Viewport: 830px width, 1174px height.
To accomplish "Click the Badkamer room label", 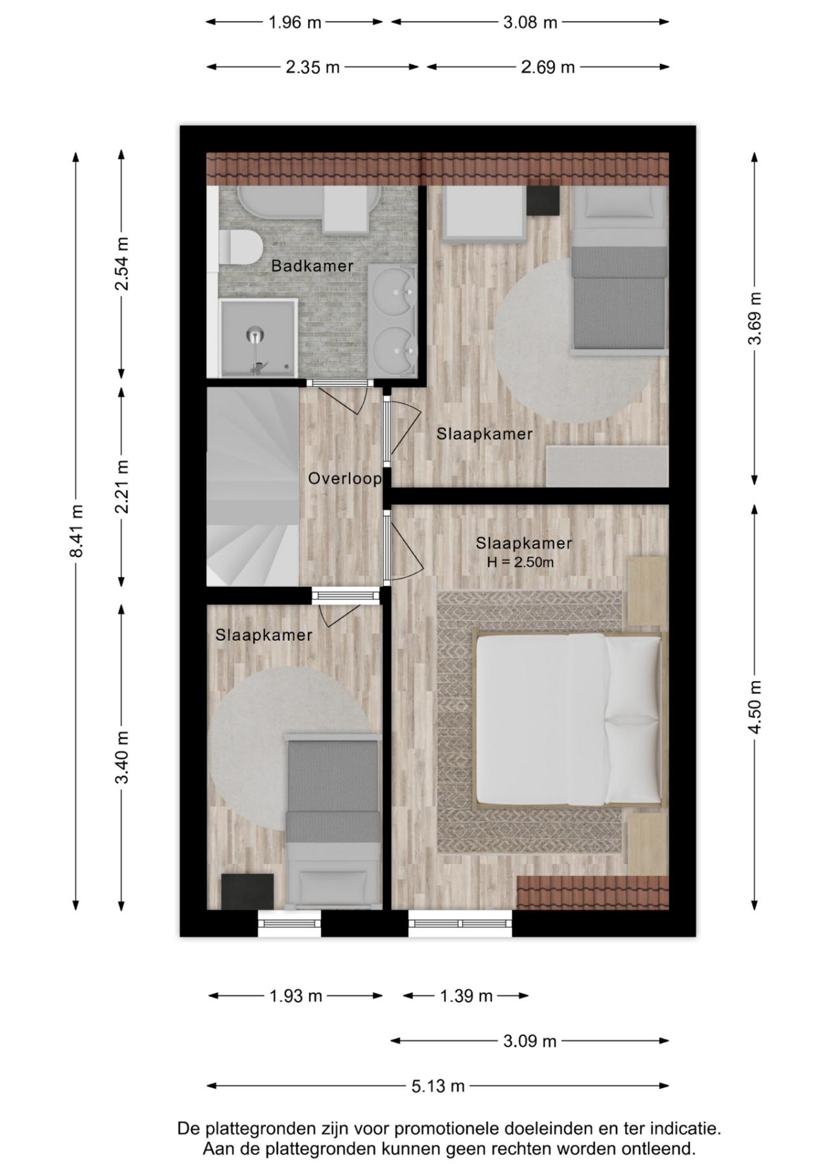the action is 312,265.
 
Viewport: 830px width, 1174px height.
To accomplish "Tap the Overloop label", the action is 344,479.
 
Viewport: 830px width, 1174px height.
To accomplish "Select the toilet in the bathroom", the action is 240,247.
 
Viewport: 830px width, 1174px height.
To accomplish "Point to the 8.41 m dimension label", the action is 77,531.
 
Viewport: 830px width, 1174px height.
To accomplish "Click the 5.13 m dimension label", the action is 438,1086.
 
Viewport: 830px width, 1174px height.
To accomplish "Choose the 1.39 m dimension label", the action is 466,996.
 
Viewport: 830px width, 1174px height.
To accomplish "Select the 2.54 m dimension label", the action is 122,263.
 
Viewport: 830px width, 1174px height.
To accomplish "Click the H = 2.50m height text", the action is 521,562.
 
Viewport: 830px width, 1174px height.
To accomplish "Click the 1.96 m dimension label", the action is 295,22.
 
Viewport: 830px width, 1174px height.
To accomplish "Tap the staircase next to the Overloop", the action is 253,486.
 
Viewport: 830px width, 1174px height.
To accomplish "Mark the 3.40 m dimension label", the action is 122,757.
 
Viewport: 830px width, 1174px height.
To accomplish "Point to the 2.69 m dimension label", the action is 548,67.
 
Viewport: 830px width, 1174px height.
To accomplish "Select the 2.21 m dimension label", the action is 122,486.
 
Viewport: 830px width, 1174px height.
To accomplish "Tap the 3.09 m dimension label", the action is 530,1041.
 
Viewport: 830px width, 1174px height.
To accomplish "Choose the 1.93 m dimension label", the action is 296,996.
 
